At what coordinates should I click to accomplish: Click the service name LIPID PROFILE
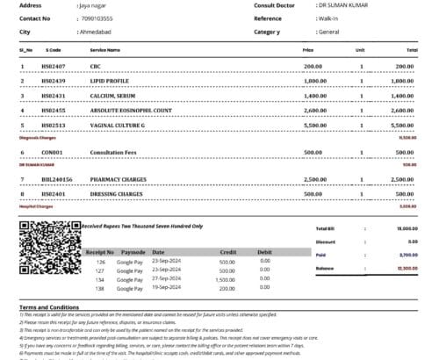tap(110, 81)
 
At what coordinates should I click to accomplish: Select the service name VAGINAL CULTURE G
tap(118, 126)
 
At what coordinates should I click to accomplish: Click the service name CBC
tap(96, 66)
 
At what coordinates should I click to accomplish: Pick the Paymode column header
tap(132, 251)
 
